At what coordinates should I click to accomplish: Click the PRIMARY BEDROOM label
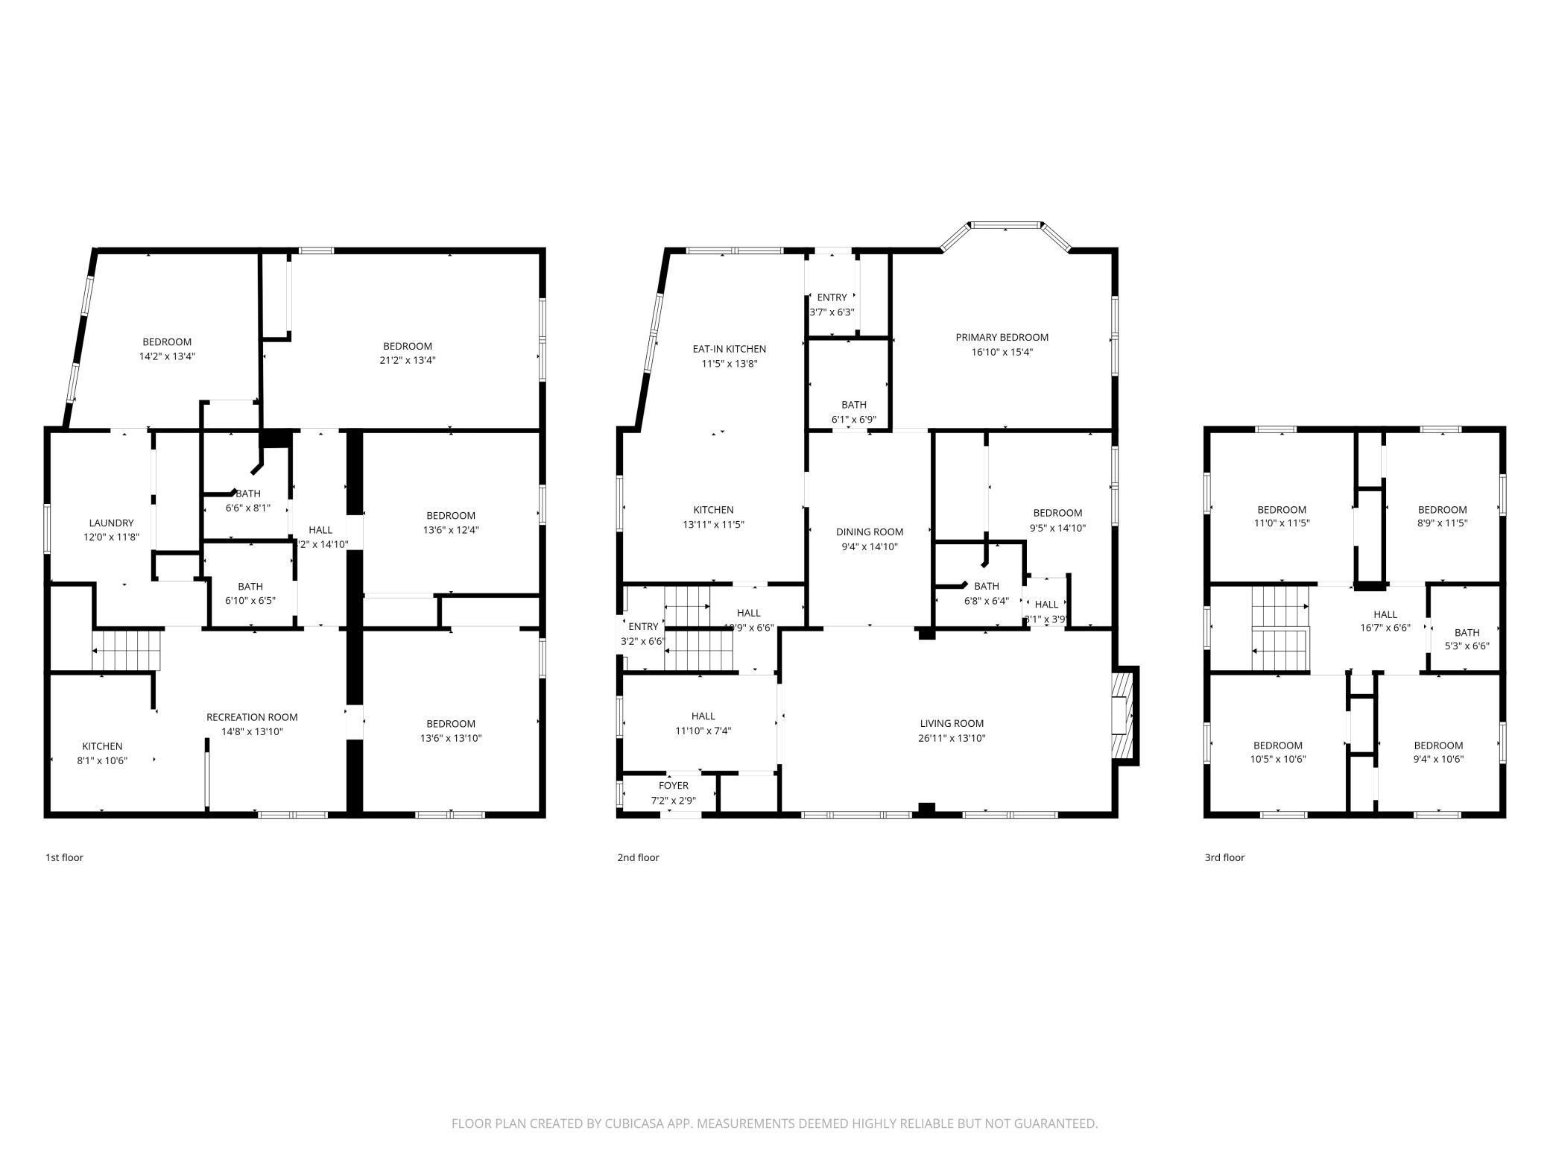point(1002,338)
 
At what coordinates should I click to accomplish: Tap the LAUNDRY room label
point(111,523)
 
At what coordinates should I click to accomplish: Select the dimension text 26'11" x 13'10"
point(952,738)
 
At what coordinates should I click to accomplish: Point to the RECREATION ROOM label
point(252,717)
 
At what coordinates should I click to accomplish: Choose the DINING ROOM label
point(869,532)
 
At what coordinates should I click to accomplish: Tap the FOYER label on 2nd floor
point(673,786)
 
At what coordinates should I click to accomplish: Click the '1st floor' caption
point(64,857)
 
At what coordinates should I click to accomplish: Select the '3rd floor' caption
point(1224,857)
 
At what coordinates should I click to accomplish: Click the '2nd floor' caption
point(638,857)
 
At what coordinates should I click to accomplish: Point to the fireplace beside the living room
point(1124,715)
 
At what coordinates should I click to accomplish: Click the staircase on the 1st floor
point(127,650)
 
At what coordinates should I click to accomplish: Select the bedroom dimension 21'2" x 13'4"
point(408,360)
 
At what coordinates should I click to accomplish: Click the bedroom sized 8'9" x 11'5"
point(1442,517)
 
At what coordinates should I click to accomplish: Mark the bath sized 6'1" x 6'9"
point(853,412)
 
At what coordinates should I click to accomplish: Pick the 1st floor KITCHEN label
point(102,746)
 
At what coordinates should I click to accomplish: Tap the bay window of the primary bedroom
point(1005,225)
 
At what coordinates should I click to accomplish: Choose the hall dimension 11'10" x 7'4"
point(703,731)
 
